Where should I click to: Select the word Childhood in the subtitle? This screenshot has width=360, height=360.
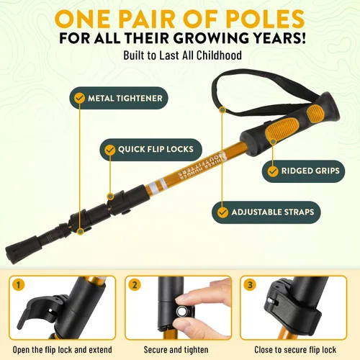pyautogui.click(x=219, y=55)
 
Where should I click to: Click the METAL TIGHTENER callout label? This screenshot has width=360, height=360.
pyautogui.click(x=119, y=98)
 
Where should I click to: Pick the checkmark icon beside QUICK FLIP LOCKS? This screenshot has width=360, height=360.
pyautogui.click(x=110, y=150)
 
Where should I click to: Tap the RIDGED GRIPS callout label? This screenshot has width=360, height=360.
pyautogui.click(x=303, y=171)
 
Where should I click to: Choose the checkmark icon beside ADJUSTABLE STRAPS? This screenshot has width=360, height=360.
pyautogui.click(x=222, y=212)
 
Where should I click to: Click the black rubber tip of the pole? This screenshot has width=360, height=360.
pyautogui.click(x=23, y=250)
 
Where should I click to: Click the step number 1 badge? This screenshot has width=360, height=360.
pyautogui.click(x=18, y=285)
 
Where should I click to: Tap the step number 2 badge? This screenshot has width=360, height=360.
pyautogui.click(x=135, y=285)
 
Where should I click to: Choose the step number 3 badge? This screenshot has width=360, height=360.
pyautogui.click(x=250, y=285)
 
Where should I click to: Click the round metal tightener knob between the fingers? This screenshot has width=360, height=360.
pyautogui.click(x=181, y=312)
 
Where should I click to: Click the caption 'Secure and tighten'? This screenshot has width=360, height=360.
pyautogui.click(x=176, y=350)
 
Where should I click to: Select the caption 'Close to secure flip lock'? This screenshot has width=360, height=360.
pyautogui.click(x=295, y=350)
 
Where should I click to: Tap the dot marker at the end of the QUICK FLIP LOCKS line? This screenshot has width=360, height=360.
pyautogui.click(x=110, y=197)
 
